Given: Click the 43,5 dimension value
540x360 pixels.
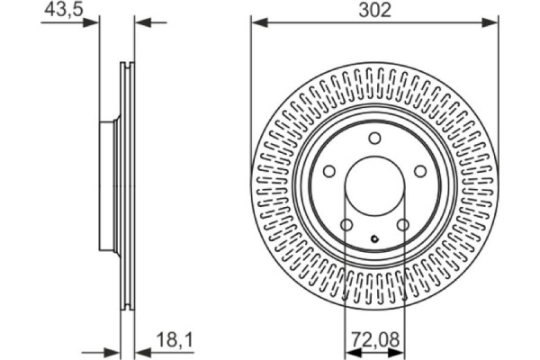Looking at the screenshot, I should pyautogui.click(x=58, y=10).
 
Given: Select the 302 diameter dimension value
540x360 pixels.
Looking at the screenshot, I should pyautogui.click(x=374, y=10).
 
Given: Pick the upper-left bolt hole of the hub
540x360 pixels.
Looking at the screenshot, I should pyautogui.click(x=328, y=171).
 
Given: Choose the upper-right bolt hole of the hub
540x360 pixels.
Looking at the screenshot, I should pyautogui.click(x=420, y=171).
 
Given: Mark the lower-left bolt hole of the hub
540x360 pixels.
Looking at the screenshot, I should pyautogui.click(x=346, y=225).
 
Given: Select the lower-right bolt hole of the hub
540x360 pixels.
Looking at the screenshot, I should pyautogui.click(x=402, y=225).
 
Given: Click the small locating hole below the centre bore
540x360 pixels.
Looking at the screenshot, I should pyautogui.click(x=374, y=238).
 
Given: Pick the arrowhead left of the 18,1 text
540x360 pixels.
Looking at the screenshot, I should pyautogui.click(x=141, y=351).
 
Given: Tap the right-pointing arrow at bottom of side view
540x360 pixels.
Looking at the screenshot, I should pyautogui.click(x=113, y=351).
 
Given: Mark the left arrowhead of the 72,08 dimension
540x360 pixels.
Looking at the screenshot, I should pyautogui.click(x=350, y=351).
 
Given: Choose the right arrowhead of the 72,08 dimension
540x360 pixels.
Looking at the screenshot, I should pyautogui.click(x=400, y=351).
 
